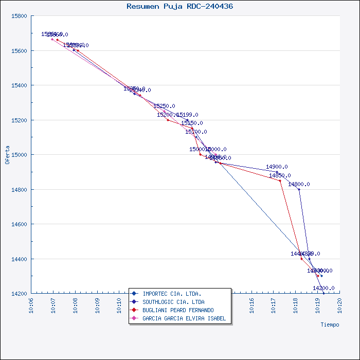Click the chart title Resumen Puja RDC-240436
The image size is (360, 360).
click(179, 7)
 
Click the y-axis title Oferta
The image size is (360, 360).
click(7, 155)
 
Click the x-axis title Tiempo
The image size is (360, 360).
click(330, 325)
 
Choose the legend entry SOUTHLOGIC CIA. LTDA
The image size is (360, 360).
click(173, 302)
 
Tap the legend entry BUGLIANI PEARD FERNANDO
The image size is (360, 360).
click(178, 310)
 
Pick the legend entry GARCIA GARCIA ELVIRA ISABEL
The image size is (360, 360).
click(184, 318)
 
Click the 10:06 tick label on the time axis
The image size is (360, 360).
click(32, 307)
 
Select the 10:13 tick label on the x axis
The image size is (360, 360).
click(186, 307)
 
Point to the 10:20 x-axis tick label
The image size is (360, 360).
click(339, 307)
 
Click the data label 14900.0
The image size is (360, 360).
click(277, 167)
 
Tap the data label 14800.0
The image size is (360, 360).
click(299, 184)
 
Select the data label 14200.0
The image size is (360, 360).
click(323, 288)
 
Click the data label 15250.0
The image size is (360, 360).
click(164, 106)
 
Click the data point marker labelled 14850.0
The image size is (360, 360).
click(280, 181)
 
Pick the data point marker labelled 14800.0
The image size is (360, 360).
click(299, 189)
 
